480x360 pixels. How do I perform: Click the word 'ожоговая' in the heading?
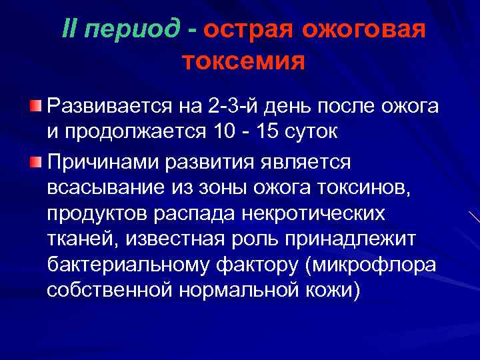(361, 31)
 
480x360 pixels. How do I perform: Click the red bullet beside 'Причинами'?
(35, 161)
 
